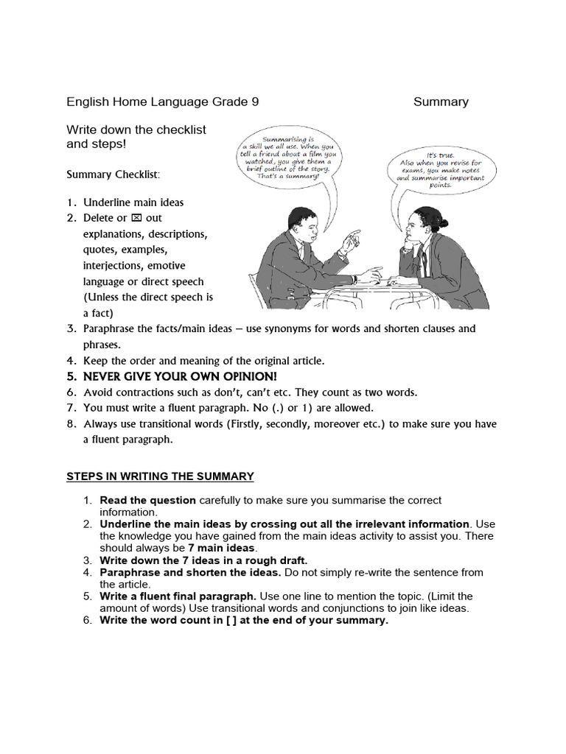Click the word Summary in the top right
point(441,102)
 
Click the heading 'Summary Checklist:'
point(113,175)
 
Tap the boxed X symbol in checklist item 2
point(136,218)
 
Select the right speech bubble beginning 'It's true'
point(441,171)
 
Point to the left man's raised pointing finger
point(355,236)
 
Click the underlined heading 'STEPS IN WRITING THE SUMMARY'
point(160,476)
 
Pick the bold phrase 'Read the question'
point(147,500)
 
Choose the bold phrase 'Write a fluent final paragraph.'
point(178,596)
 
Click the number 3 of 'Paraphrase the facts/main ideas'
point(71,328)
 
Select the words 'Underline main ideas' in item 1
point(133,202)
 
